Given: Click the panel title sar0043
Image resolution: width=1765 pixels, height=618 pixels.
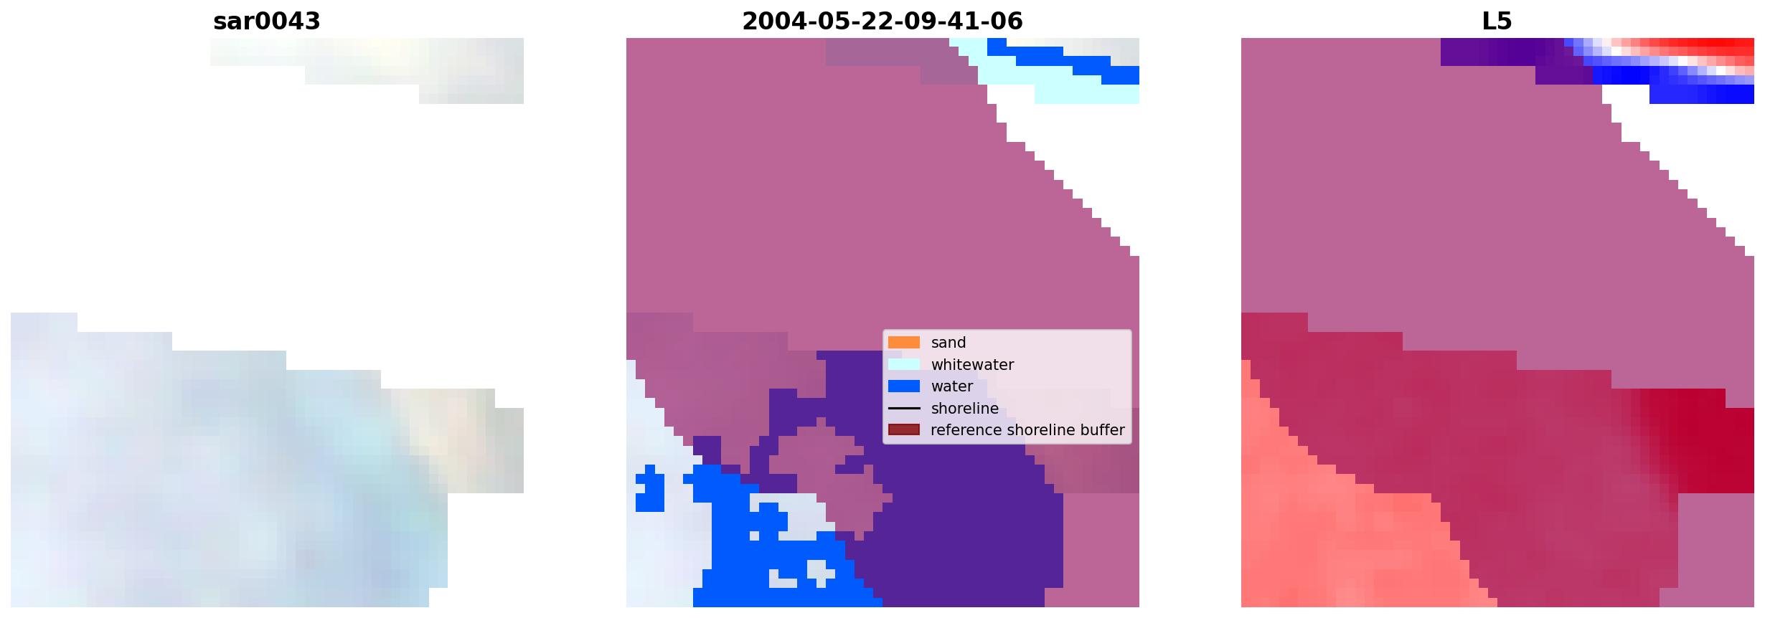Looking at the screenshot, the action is (x=266, y=22).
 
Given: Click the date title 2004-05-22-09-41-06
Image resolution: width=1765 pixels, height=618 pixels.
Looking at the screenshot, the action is (x=882, y=22).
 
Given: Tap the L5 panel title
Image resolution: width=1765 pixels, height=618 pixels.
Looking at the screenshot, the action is (x=1497, y=22).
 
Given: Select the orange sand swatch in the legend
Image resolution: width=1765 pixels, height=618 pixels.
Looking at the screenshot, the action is (x=904, y=343).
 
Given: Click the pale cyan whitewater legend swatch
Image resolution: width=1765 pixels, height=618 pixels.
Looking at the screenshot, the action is (x=904, y=364).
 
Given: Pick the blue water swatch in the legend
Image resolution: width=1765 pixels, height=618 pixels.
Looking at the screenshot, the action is (x=904, y=386).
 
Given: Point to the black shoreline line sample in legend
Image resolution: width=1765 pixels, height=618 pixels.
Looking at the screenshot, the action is (x=904, y=409).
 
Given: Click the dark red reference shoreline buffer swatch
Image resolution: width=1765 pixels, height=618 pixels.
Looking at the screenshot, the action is (x=904, y=430).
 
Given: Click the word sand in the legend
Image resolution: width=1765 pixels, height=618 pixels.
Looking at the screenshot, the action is (x=949, y=343).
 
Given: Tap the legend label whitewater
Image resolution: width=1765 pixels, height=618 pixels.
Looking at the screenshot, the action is (x=972, y=365).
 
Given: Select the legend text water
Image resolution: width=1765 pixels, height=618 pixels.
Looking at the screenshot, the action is (x=952, y=386).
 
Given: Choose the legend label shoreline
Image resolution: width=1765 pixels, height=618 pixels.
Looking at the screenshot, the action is (x=964, y=409).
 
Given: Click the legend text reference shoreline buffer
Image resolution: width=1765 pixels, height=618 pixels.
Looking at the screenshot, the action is (x=1027, y=430).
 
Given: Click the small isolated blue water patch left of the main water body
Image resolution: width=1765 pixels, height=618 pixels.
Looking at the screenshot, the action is (x=650, y=489).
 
